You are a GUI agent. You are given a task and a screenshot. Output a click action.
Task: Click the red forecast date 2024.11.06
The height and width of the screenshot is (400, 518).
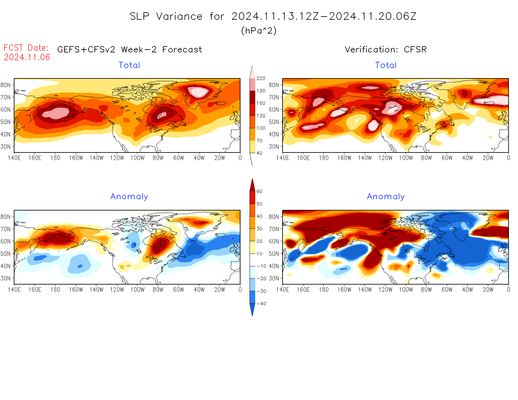pos(27,57)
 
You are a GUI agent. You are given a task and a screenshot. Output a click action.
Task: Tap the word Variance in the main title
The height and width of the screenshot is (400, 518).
pos(179,16)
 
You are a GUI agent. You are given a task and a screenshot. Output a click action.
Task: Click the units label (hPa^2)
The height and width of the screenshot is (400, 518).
pos(259,30)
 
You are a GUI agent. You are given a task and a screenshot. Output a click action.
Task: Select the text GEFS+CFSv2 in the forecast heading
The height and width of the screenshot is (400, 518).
pos(86,50)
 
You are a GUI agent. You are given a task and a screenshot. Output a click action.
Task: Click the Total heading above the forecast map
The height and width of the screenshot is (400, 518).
pos(129,65)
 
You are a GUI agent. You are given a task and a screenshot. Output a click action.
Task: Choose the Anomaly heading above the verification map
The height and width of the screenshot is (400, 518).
pos(386,197)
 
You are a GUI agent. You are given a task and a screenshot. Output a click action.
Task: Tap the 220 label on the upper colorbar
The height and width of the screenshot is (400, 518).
pos(261,78)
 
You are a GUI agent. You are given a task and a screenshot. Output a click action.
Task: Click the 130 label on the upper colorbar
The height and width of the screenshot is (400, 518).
pos(261,116)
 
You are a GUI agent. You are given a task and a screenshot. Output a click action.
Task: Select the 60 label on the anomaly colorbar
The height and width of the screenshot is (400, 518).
pos(259,191)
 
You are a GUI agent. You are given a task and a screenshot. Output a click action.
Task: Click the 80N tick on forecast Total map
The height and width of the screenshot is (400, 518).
pos(6,85)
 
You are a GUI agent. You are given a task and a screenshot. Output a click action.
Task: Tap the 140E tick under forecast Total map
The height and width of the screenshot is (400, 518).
pos(14,158)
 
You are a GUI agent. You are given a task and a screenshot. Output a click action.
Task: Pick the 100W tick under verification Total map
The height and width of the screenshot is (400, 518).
pos(406,158)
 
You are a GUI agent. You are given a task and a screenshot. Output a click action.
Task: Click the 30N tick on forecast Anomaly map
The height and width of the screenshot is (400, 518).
pos(6,278)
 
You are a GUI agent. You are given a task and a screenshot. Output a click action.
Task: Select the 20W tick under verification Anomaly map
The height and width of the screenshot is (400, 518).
pos(488,290)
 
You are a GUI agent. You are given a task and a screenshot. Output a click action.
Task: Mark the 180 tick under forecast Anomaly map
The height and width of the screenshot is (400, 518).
pos(55,290)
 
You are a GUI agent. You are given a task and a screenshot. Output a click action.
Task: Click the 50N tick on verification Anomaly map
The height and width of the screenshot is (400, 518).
pos(274,253)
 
